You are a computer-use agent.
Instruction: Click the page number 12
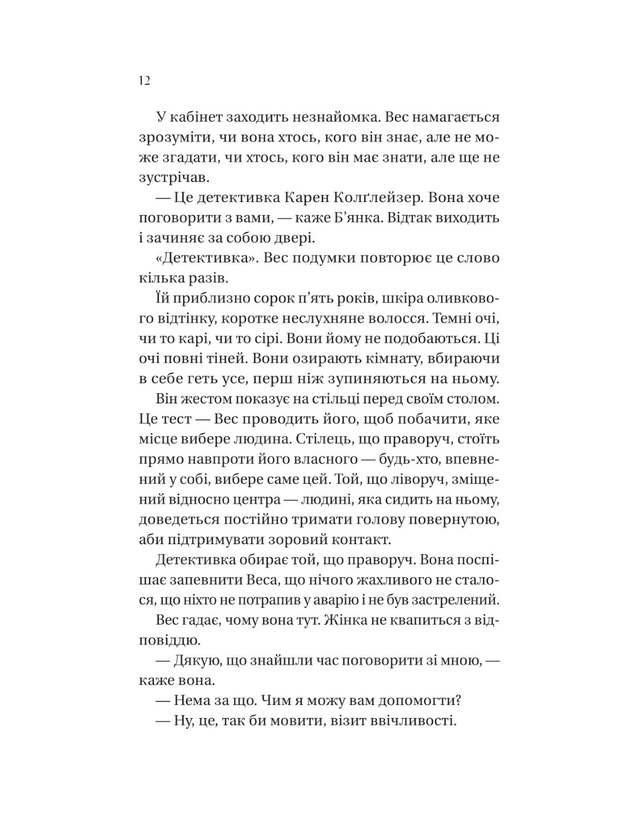[x=144, y=81]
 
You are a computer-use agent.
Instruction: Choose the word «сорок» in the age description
[x=255, y=298]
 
